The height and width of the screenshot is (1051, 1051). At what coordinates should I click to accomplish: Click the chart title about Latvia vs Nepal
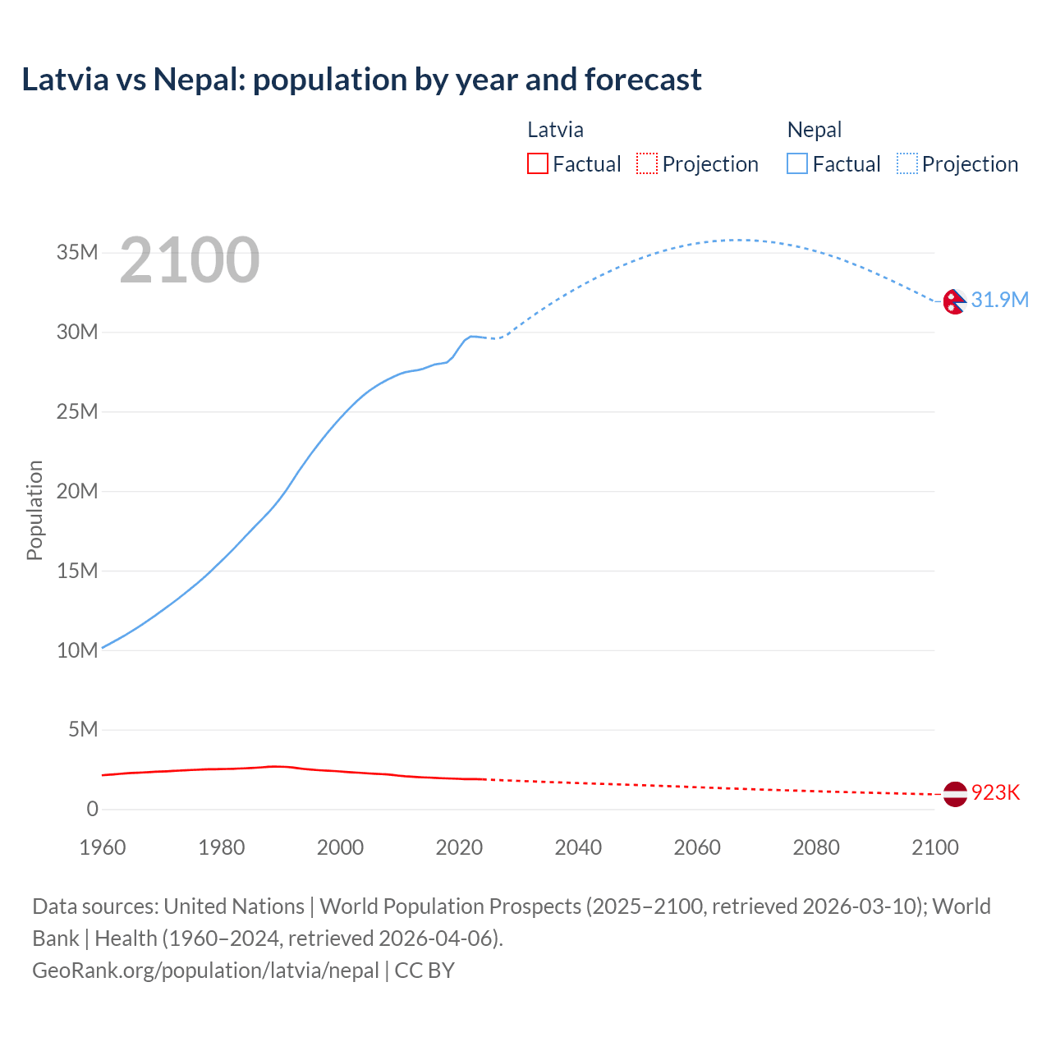(x=361, y=80)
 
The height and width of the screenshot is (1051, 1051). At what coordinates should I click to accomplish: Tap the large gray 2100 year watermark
(x=190, y=260)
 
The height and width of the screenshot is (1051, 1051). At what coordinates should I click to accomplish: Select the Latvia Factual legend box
(x=537, y=164)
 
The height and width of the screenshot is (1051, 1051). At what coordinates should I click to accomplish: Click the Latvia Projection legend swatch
(x=647, y=164)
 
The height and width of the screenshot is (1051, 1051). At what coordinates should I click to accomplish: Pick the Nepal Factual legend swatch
(x=796, y=164)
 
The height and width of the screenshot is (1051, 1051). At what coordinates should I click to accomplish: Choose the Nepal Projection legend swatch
(x=906, y=164)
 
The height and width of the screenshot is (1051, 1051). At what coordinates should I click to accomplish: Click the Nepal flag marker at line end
(x=954, y=301)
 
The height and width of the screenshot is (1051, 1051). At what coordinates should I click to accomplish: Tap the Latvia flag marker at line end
(x=954, y=793)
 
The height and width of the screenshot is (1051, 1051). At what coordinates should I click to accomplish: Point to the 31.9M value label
(x=999, y=300)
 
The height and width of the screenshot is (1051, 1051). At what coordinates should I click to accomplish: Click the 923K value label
(x=995, y=792)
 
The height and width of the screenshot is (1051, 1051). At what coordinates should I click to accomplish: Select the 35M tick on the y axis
(x=77, y=252)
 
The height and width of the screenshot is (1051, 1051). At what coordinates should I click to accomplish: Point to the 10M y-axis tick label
(x=77, y=650)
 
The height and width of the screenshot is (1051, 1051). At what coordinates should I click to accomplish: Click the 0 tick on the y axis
(x=92, y=809)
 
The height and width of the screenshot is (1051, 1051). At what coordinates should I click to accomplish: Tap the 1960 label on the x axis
(x=103, y=847)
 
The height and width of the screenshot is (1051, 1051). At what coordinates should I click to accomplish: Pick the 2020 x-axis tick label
(x=459, y=847)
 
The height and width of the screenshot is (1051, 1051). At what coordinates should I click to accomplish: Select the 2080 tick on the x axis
(x=815, y=847)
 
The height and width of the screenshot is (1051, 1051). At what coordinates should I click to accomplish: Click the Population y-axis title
(x=34, y=510)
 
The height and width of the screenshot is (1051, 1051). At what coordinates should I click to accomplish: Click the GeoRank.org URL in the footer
(x=205, y=971)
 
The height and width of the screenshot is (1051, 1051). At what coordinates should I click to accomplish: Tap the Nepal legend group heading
(x=814, y=130)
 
